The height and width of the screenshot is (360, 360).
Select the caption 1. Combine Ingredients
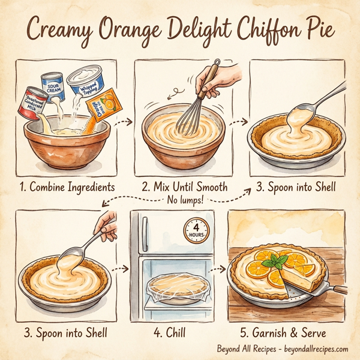tap(68, 187)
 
